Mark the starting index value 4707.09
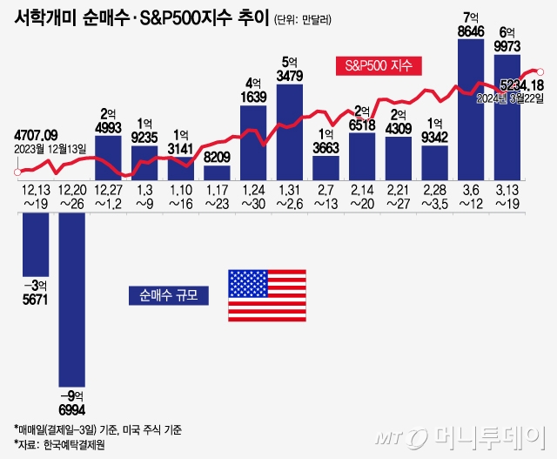37,134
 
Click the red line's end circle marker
540,71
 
